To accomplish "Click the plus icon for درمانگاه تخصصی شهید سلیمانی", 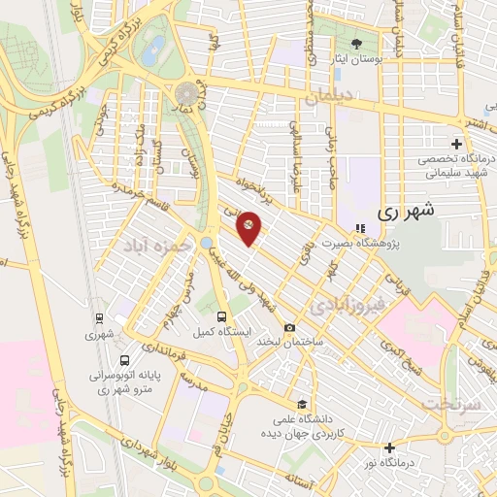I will point(456,143).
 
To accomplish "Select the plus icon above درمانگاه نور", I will point(389,447).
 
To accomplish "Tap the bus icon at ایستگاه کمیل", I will point(221,316).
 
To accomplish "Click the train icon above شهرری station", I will point(98,317).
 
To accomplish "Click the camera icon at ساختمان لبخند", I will point(289,327).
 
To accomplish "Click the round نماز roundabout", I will point(185,93).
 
